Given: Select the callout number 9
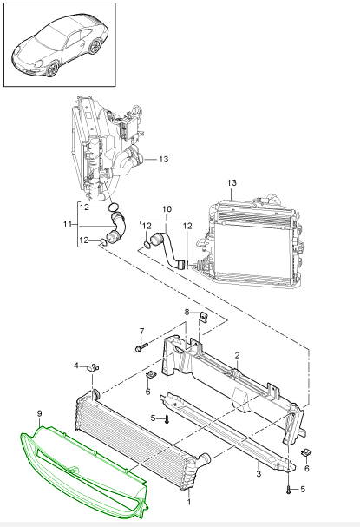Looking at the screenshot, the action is tap(40, 414).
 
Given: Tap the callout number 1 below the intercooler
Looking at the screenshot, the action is tap(189, 502).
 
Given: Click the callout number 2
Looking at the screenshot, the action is tap(238, 355).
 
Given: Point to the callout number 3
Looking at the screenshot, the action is tap(259, 474).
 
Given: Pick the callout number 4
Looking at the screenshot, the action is tap(76, 366).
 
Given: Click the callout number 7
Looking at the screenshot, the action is tap(141, 332).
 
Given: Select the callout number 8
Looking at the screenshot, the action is tap(187, 313).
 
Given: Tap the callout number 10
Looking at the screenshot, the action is tap(167, 209).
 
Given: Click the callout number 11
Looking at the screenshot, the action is tap(68, 224).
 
